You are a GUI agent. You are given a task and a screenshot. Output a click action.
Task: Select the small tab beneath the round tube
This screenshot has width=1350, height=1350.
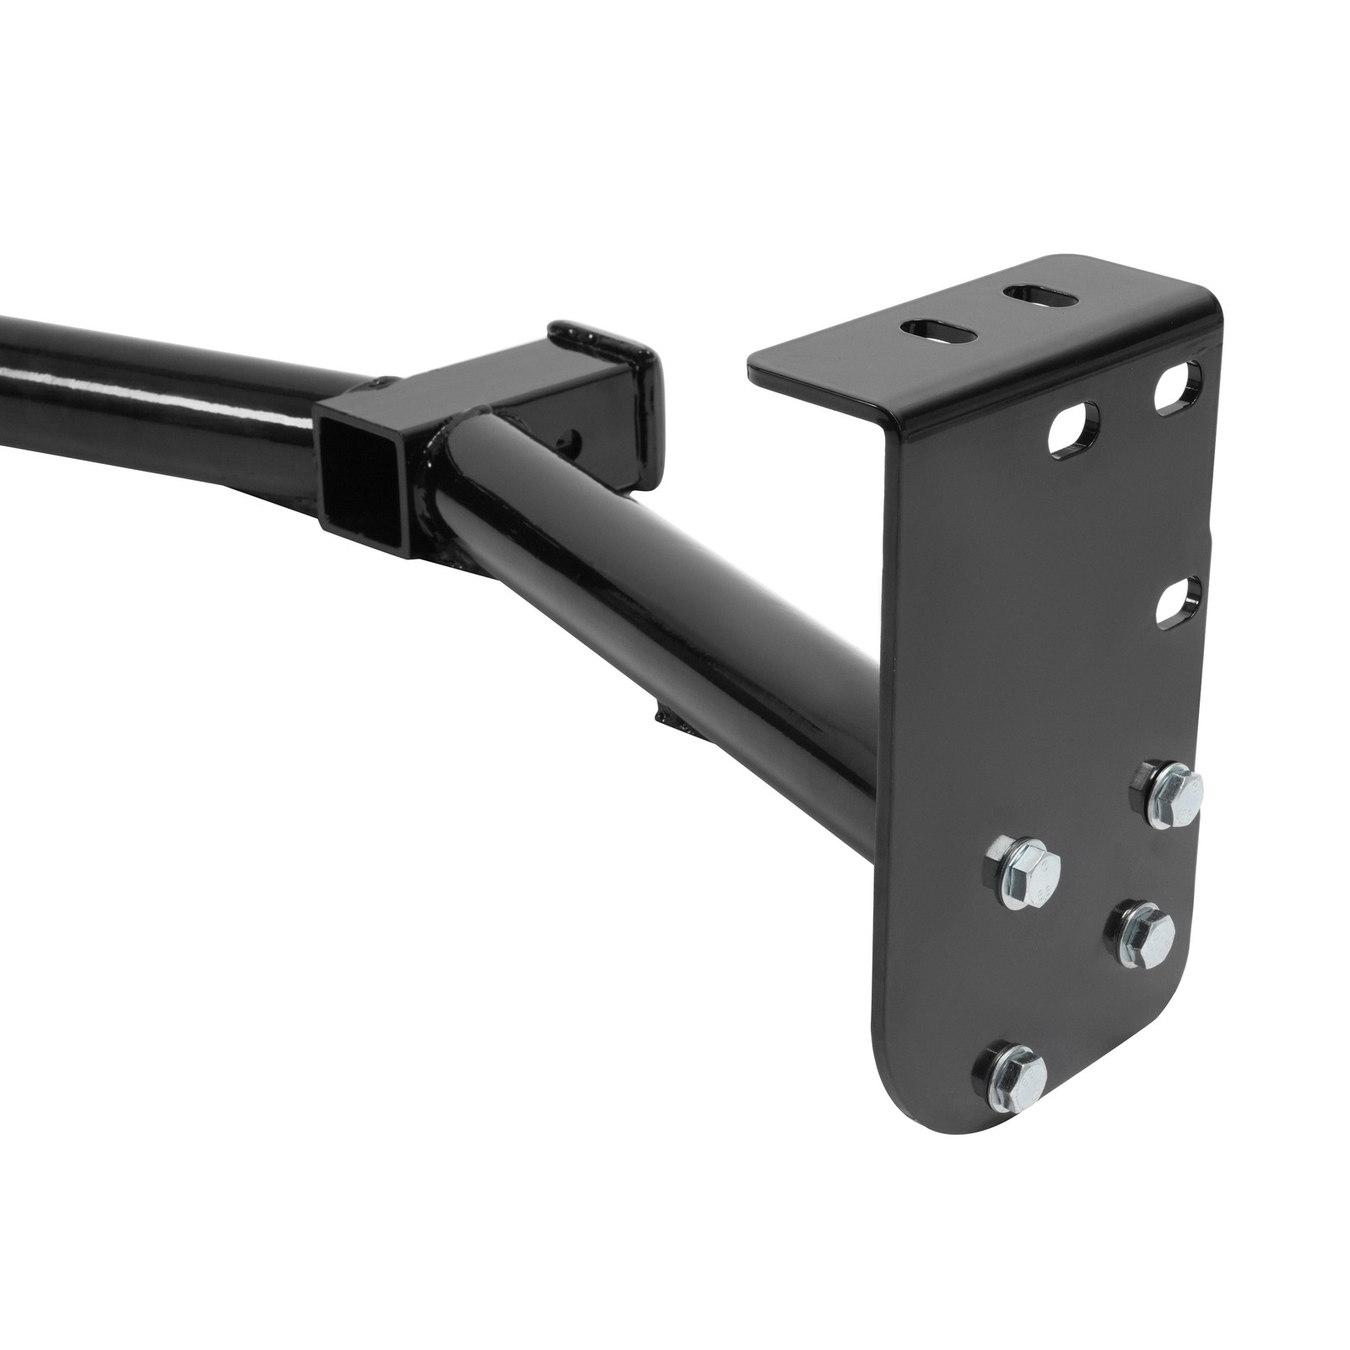click(675, 719)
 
